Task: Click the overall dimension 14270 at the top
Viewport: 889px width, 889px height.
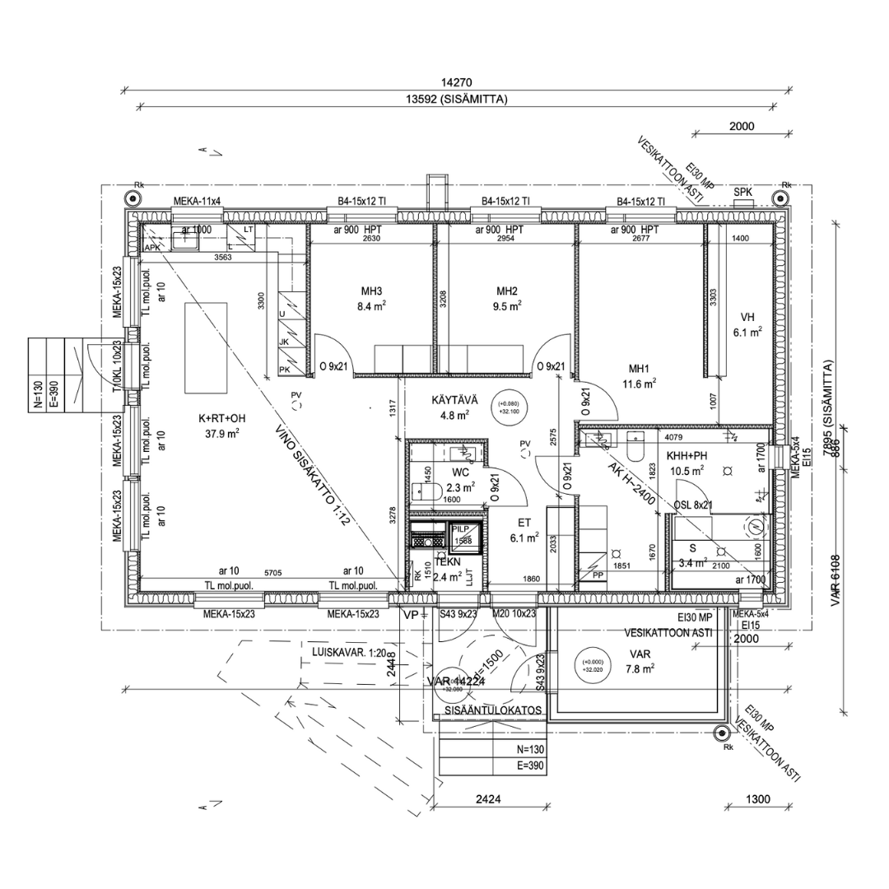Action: [x=458, y=82]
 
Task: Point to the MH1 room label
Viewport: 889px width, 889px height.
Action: [x=639, y=369]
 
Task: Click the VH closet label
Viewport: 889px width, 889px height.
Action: [x=747, y=317]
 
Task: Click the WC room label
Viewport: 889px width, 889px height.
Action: [x=460, y=473]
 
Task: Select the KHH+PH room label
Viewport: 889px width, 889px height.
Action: [x=686, y=456]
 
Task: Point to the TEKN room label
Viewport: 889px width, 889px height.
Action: [x=447, y=562]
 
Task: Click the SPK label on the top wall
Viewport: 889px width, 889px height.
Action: [x=743, y=192]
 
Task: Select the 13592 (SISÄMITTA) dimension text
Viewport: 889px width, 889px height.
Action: [x=456, y=100]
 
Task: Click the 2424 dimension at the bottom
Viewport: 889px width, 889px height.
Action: [x=489, y=799]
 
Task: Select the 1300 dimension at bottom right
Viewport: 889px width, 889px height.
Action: [x=757, y=799]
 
